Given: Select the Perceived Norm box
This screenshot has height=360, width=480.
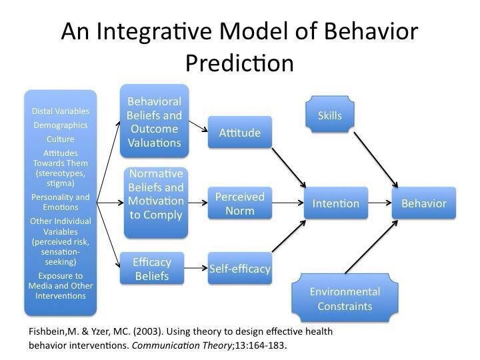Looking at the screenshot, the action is pyautogui.click(x=239, y=203).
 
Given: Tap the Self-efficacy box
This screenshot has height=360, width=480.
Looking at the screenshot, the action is pyautogui.click(x=239, y=269).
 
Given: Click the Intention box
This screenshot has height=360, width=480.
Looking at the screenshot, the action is pyautogui.click(x=335, y=203).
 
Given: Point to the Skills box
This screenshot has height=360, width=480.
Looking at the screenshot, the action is pyautogui.click(x=329, y=115).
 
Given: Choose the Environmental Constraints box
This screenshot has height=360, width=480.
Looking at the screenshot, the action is pyautogui.click(x=345, y=299).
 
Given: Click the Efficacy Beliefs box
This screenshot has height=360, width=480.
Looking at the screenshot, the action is pyautogui.click(x=151, y=269).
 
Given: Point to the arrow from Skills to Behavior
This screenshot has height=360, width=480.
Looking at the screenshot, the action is pyautogui.click(x=377, y=158).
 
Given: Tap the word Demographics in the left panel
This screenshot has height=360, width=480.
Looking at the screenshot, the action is pyautogui.click(x=61, y=125).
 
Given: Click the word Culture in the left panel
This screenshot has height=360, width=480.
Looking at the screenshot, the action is pyautogui.click(x=61, y=139).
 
